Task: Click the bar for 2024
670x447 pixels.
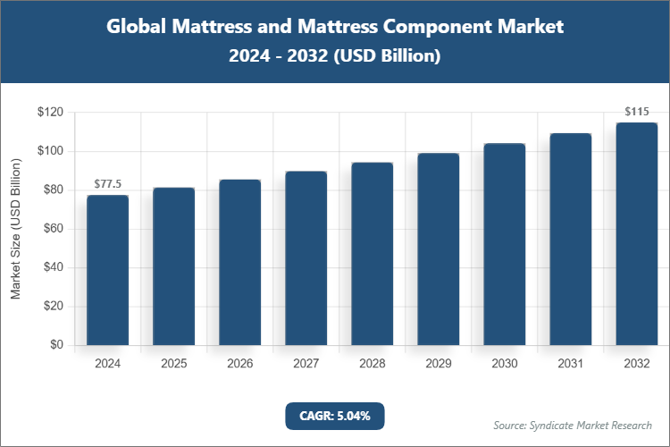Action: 107,270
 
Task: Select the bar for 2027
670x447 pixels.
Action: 306,257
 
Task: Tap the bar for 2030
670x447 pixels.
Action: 504,244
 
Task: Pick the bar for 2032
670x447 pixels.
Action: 636,233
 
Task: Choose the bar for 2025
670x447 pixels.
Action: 173,266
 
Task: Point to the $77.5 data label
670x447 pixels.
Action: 107,183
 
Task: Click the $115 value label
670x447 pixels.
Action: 636,112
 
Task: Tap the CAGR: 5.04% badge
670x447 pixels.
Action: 334,415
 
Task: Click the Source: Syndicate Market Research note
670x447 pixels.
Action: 572,425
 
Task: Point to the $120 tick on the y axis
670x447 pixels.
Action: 49,113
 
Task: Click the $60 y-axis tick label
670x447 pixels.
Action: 52,229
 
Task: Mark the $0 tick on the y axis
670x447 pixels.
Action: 55,345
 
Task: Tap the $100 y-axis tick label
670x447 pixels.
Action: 49,151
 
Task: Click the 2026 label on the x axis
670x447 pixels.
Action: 239,364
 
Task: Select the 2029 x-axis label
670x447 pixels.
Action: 438,364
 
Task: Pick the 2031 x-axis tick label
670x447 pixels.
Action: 570,364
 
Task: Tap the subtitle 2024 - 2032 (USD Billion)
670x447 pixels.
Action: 335,55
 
